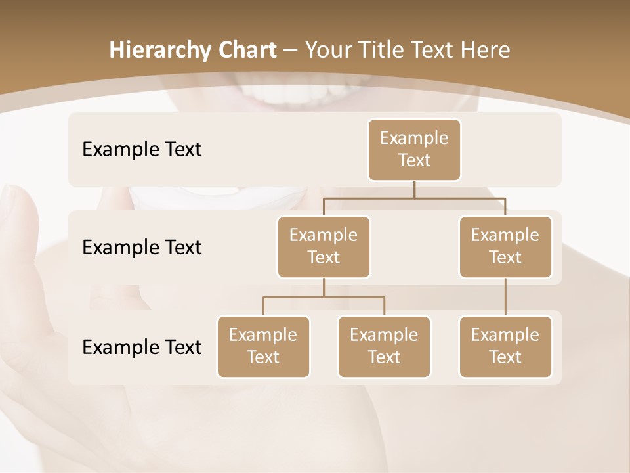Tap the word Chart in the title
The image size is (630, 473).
(x=245, y=51)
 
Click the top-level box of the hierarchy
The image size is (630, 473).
(x=414, y=150)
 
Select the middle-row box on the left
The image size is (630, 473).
(x=324, y=247)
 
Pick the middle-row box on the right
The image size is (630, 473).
(x=505, y=247)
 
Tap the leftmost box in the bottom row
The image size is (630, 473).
(x=263, y=347)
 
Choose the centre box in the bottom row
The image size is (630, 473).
(x=384, y=347)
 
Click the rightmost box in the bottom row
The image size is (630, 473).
(x=505, y=347)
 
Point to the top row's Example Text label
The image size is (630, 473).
(x=142, y=150)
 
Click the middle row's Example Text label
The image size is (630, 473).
(x=142, y=248)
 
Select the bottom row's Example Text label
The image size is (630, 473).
(x=142, y=348)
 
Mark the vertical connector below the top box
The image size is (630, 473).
(x=414, y=189)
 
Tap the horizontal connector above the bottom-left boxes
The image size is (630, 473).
(x=324, y=297)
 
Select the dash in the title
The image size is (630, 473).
(x=291, y=51)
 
